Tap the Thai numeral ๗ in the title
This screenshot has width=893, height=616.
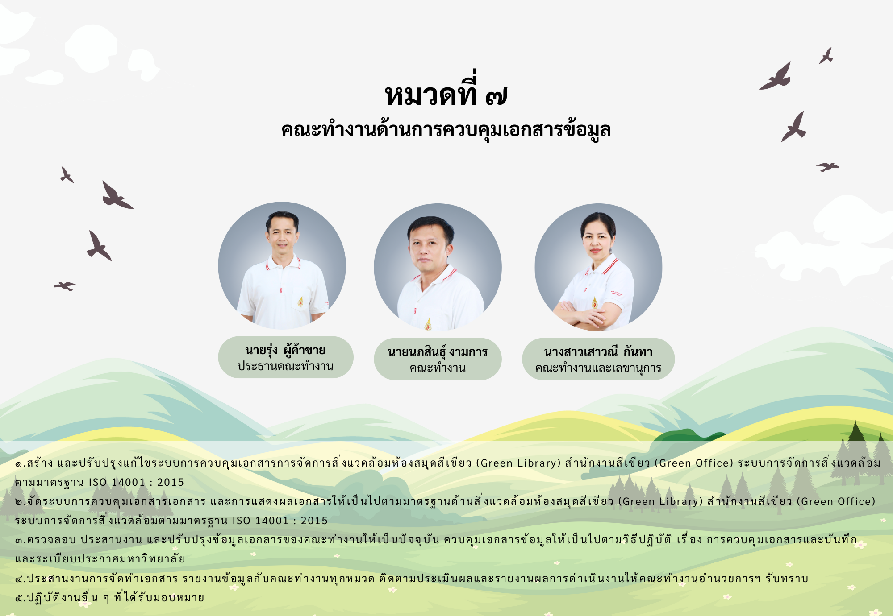click(496, 95)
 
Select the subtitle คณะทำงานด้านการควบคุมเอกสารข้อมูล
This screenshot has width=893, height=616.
click(446, 130)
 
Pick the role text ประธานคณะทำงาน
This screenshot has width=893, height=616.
click(285, 366)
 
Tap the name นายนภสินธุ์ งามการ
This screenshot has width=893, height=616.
click(438, 352)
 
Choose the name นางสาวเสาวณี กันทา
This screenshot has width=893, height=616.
click(598, 352)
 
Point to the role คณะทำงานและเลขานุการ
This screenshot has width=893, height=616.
click(598, 368)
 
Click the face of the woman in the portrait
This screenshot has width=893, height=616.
click(597, 241)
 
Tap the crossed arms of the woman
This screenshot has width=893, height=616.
click(583, 314)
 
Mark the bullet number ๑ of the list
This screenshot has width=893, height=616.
click(19, 464)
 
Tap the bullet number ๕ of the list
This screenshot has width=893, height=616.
click(19, 598)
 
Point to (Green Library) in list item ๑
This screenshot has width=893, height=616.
click(518, 463)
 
